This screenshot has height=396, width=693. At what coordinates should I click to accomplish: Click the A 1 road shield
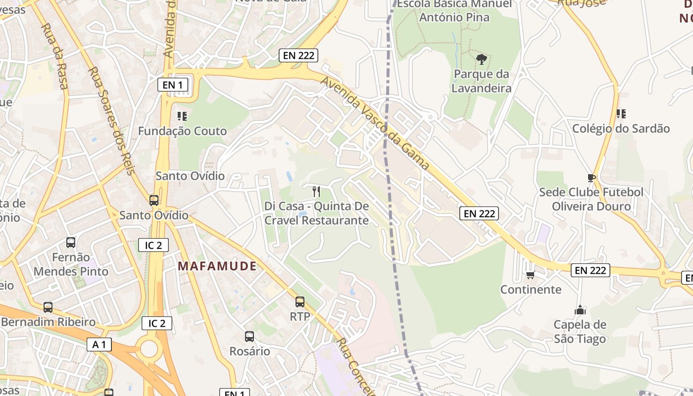(x=99, y=345)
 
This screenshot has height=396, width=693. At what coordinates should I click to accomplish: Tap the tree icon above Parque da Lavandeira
(x=481, y=60)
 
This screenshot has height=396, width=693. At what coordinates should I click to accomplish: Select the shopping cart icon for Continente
(x=530, y=275)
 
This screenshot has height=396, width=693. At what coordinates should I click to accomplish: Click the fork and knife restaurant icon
(x=316, y=192)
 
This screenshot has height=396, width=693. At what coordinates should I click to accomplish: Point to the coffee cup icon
(x=591, y=178)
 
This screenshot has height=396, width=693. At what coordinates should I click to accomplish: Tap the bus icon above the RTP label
(x=299, y=302)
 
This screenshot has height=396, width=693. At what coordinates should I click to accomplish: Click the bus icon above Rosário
(x=249, y=337)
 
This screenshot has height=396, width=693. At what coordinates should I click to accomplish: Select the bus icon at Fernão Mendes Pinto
(x=71, y=243)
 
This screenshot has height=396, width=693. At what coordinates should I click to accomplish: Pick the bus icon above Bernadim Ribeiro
(x=48, y=307)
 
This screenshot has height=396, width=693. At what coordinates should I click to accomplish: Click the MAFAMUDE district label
(x=217, y=266)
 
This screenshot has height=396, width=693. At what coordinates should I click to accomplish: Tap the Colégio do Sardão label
(x=621, y=129)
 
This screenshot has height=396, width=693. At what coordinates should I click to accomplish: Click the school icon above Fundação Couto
(x=182, y=116)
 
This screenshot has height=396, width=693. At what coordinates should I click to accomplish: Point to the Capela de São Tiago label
(x=580, y=332)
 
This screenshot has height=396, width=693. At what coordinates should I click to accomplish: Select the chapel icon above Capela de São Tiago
(x=580, y=310)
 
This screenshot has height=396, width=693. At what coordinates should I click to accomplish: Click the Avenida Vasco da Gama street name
(x=375, y=123)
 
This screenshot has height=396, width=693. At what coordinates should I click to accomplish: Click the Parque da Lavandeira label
(x=481, y=81)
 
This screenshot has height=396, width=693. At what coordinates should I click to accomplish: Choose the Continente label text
(x=531, y=290)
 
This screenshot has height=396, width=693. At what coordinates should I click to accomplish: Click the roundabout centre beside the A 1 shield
(x=148, y=348)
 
